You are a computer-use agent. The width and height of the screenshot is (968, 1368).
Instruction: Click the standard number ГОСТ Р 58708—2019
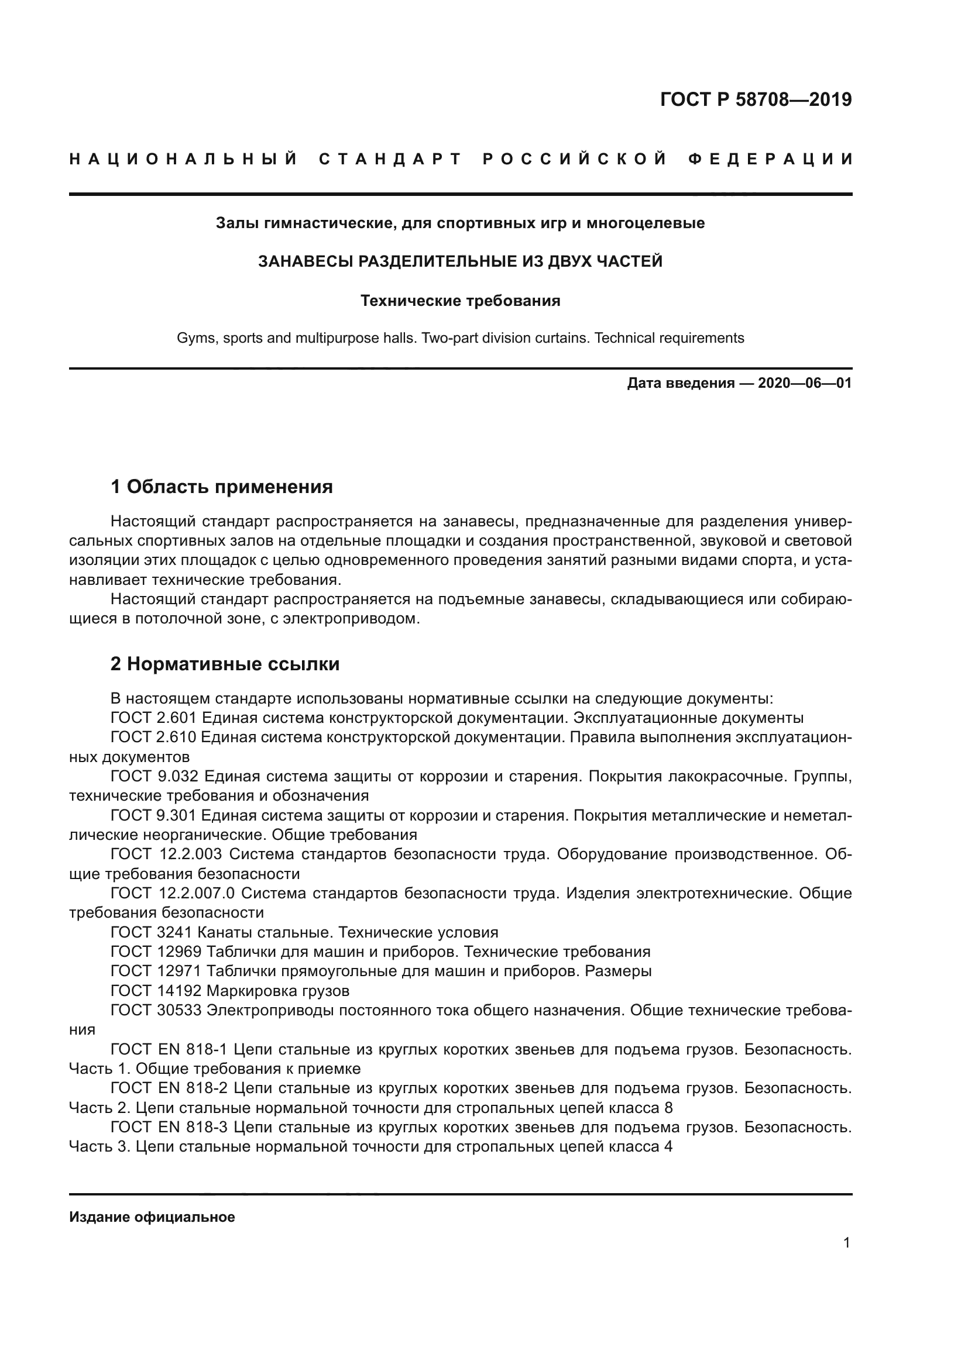[756, 99]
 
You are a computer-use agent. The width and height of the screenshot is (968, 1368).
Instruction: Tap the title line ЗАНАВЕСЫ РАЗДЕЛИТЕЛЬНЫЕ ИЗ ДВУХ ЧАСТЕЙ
[460, 261]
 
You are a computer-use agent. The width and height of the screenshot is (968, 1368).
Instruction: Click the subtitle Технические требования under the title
[460, 301]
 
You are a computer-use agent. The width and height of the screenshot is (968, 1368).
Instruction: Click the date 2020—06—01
[804, 383]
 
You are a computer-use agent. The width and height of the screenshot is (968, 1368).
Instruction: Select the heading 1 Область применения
[221, 487]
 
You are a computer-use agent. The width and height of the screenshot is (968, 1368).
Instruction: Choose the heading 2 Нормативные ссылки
[225, 664]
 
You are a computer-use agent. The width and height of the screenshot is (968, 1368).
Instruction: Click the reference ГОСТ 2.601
[153, 718]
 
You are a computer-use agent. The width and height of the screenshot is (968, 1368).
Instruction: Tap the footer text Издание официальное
[152, 1217]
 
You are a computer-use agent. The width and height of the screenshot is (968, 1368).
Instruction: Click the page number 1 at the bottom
[846, 1243]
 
